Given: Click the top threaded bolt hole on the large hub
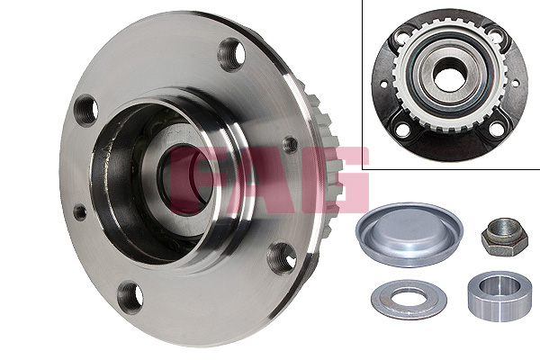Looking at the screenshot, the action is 231,54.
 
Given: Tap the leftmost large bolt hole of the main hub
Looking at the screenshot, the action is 85,111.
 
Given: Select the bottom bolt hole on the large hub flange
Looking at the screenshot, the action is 130,297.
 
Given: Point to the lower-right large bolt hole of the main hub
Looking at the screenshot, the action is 282,258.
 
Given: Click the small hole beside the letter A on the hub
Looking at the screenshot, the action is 290,144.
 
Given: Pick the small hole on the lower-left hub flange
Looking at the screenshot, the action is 80,212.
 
